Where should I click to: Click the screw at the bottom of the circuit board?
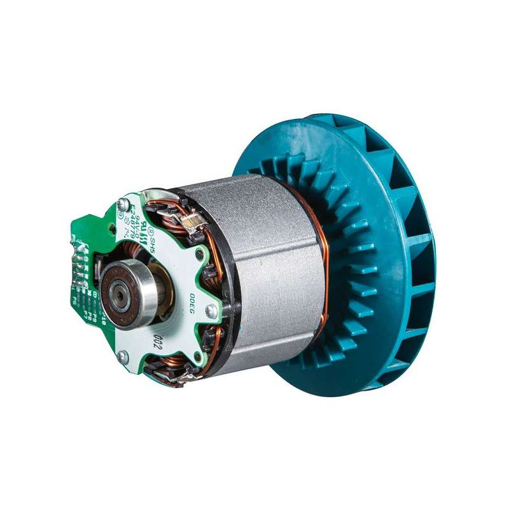[125, 357]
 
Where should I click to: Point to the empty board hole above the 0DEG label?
[202, 256]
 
